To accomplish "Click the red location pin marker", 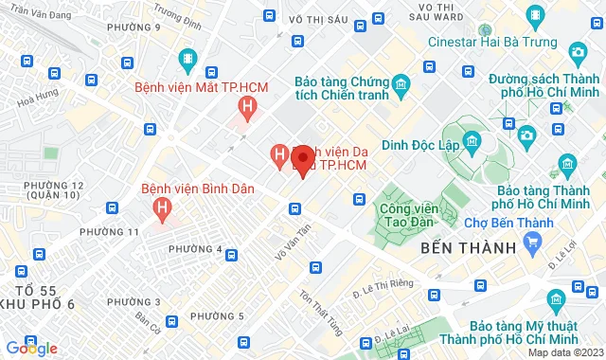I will [x=302, y=161].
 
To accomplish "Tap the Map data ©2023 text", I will [x=564, y=352].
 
